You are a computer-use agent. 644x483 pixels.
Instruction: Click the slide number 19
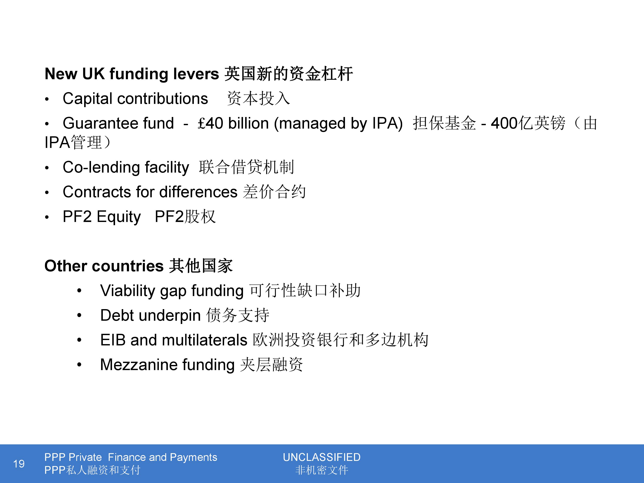point(19,463)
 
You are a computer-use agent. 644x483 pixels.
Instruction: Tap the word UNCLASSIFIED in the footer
point(322,457)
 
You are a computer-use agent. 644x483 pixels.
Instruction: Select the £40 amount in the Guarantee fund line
point(210,123)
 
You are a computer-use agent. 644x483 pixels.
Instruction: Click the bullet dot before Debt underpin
point(79,315)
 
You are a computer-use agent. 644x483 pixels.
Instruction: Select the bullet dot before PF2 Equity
point(47,217)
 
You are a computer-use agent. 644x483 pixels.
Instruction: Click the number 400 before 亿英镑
point(504,123)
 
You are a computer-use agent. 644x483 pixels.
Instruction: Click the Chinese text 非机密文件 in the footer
point(322,470)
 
